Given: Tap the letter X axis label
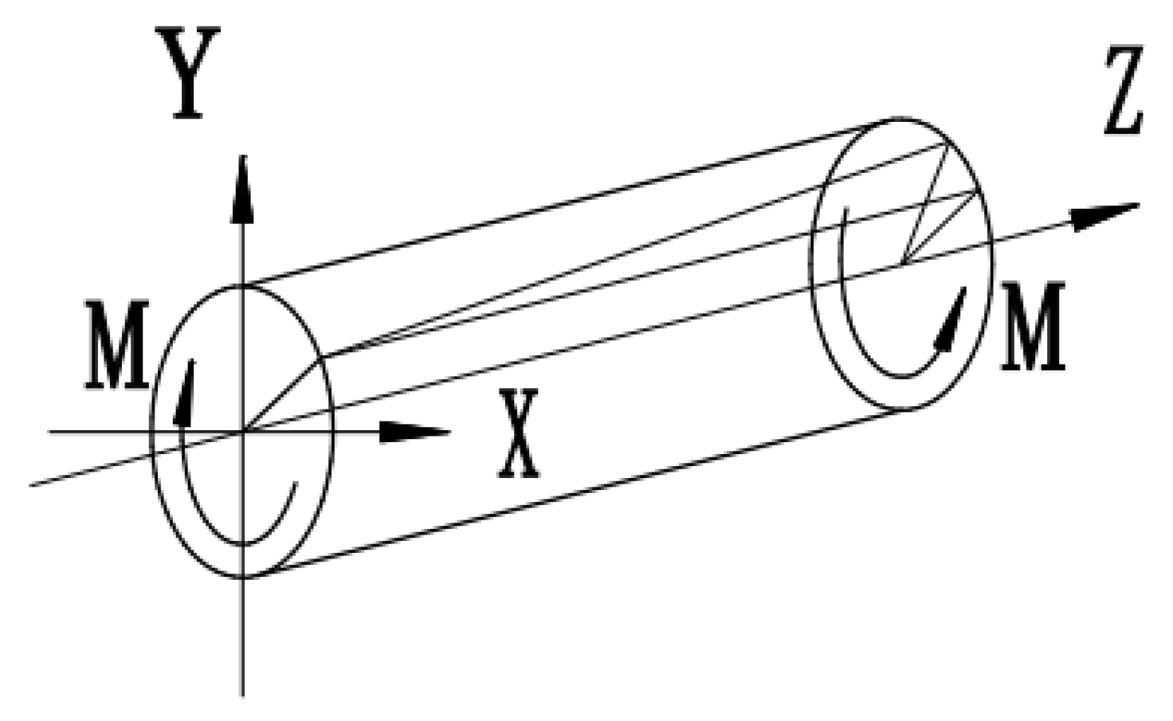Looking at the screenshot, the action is [519, 434].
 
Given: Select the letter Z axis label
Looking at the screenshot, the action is [1124, 92].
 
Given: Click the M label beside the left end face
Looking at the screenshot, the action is [116, 346].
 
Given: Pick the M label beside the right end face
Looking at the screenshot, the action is [1034, 327].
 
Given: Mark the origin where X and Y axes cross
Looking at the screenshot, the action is [242, 432].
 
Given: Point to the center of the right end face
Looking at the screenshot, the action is [900, 263].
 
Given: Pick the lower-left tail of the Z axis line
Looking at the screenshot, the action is [32, 483].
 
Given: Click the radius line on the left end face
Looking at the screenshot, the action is [283, 394].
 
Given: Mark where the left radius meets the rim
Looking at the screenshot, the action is [324, 356].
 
